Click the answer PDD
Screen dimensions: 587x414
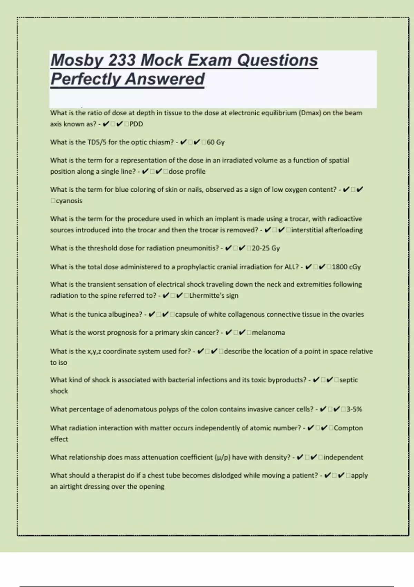pyautogui.click(x=136, y=124)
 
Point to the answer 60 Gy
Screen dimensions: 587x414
pyautogui.click(x=216, y=142)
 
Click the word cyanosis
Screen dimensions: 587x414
pyautogui.click(x=69, y=201)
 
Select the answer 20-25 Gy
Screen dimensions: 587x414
pyautogui.click(x=266, y=248)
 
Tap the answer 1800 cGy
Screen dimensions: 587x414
pyautogui.click(x=346, y=267)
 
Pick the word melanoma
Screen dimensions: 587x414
pyautogui.click(x=268, y=333)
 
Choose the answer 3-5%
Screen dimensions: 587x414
pyautogui.click(x=354, y=409)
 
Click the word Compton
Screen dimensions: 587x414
pyautogui.click(x=348, y=428)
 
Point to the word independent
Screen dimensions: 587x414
pyautogui.click(x=343, y=457)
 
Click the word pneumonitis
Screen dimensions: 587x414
pyautogui.click(x=197, y=248)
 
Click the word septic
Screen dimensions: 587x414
pyautogui.click(x=349, y=380)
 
